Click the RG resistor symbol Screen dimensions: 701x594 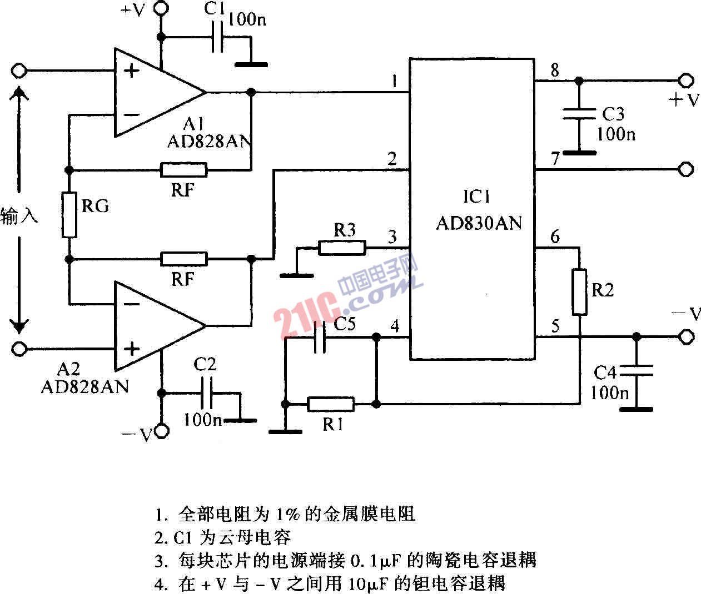pyautogui.click(x=69, y=215)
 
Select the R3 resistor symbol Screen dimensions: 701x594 pyautogui.click(x=342, y=248)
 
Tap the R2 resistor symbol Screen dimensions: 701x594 pyautogui.click(x=579, y=292)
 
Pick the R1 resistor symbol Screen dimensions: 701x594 pyautogui.click(x=331, y=404)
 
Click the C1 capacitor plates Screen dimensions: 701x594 pyautogui.click(x=217, y=37)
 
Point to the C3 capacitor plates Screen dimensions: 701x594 pyautogui.click(x=579, y=114)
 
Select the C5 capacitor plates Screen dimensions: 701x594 pyautogui.click(x=320, y=338)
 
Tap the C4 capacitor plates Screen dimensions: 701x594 pyautogui.click(x=636, y=370)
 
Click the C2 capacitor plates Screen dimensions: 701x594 pyautogui.click(x=206, y=393)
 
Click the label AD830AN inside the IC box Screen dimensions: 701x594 pyautogui.click(x=479, y=223)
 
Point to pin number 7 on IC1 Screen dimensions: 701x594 pyautogui.click(x=555, y=158)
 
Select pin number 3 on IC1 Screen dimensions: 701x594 pyautogui.click(x=392, y=236)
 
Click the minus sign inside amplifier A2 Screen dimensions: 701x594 pyautogui.click(x=132, y=304)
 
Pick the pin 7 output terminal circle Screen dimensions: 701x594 pyautogui.click(x=686, y=169)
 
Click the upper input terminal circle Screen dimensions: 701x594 pyautogui.click(x=19, y=71)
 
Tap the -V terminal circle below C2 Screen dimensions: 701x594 pyautogui.click(x=161, y=431)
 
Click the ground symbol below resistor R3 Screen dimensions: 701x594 pyautogui.click(x=297, y=276)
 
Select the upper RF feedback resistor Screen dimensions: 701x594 pyautogui.click(x=183, y=170)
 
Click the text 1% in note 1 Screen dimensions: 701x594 pyautogui.click(x=287, y=515)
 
